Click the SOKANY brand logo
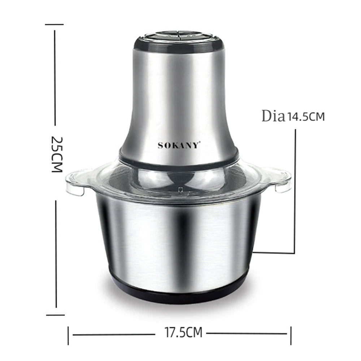178,145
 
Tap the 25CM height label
57,154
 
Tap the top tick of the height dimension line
55,25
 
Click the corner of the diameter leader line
295,253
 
